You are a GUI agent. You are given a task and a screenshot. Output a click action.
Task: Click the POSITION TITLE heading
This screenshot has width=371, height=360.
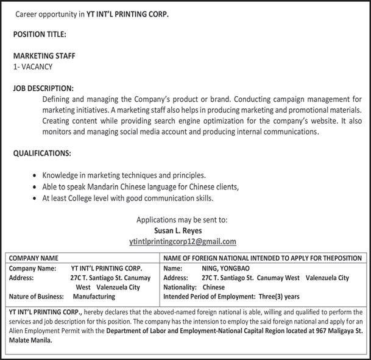tap(40, 34)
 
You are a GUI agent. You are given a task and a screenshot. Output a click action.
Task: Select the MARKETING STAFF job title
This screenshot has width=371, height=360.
tap(44, 55)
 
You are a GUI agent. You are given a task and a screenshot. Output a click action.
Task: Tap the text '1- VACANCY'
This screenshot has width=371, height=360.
tap(33, 66)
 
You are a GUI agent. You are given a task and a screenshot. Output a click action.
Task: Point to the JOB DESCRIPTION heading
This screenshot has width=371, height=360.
tap(43, 88)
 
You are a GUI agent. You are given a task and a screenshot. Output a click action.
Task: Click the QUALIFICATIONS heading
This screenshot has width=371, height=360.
tap(42, 153)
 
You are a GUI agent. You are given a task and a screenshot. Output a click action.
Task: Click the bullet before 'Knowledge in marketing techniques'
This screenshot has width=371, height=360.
tap(35, 175)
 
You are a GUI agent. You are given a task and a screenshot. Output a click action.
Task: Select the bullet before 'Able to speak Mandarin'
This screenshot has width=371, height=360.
tap(35, 187)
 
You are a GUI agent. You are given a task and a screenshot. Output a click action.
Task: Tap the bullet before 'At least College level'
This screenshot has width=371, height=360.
tap(35, 199)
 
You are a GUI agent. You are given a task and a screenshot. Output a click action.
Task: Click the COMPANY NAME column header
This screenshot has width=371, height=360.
tap(34, 258)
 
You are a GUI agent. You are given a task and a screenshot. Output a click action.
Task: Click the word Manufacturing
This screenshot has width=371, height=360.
tap(94, 297)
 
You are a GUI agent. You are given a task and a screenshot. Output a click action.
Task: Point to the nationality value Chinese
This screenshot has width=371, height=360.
tap(214, 287)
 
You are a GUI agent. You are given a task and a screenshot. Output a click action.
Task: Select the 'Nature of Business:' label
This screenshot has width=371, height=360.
tap(36, 297)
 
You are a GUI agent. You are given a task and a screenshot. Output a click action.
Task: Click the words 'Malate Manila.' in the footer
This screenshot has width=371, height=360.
tap(30, 341)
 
